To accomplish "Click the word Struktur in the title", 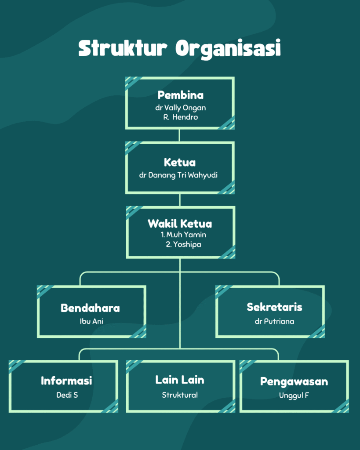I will coord(124,48).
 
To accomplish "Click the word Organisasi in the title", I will coord(228,48).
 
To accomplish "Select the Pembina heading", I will coord(180,95).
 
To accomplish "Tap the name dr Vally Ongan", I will coord(180,108).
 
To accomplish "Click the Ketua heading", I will coord(180,163).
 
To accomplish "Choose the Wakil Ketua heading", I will coord(180,223).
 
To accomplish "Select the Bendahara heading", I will coord(90,308).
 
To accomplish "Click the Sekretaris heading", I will coord(274,307).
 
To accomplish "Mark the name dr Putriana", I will coord(274,321).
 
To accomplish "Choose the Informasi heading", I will coord(66,381).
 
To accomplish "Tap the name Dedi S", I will coord(67,395).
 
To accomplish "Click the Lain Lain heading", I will coord(180,380).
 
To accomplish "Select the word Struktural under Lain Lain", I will coord(180,395).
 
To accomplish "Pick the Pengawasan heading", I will coord(294,381).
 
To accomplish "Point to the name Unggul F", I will coord(294,395).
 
